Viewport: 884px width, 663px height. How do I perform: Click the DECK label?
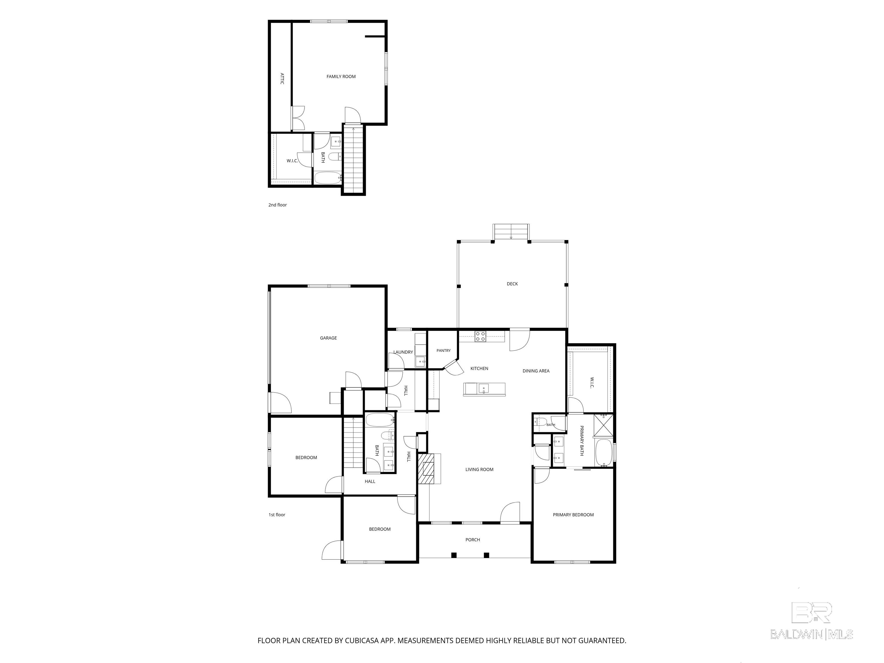(512, 284)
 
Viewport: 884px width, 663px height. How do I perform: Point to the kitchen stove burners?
(480, 336)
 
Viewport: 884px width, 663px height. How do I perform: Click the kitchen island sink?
(483, 388)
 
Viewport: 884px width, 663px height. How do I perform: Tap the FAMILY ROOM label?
(341, 76)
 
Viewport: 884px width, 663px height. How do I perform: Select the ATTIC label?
(282, 78)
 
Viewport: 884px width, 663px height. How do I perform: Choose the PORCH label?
(473, 540)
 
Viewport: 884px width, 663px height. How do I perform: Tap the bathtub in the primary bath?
(603, 452)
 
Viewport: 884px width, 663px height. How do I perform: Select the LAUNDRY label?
(403, 352)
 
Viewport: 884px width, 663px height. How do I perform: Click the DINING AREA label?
(536, 371)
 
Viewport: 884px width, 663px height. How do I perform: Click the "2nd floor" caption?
(277, 205)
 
